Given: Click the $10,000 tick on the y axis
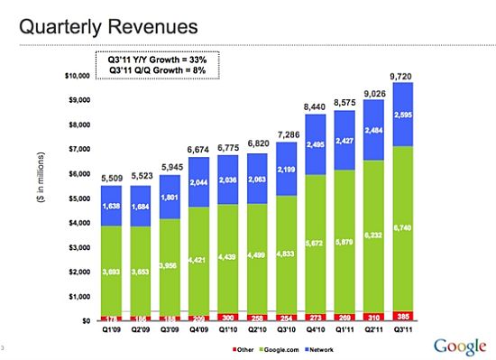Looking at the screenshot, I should point(79,75).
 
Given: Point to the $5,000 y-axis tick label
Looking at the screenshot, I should point(81,198).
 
